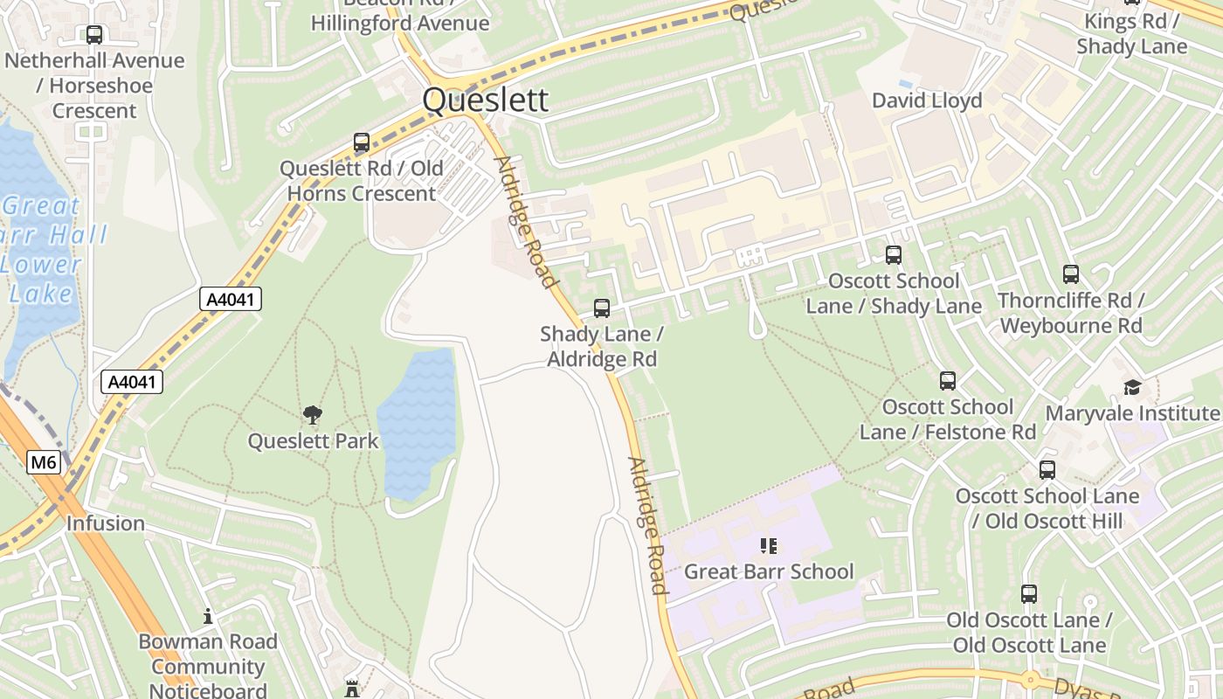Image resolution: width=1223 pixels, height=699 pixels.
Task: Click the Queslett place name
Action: point(485,100)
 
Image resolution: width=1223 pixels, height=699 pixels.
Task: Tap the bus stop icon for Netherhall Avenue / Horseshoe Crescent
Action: point(93,35)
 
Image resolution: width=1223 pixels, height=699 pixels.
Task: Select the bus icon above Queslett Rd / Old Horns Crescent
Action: point(361,142)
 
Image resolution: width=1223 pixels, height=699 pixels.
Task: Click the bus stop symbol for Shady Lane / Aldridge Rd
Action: point(601,308)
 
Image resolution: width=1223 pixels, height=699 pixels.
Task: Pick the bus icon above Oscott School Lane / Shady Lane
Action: point(893,255)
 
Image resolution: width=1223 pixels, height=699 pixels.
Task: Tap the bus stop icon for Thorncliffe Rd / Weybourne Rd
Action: point(1070,274)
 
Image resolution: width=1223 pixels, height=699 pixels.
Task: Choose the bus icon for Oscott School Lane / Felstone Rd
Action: point(947,381)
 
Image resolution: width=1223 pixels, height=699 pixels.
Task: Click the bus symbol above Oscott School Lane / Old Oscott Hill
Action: point(1047,470)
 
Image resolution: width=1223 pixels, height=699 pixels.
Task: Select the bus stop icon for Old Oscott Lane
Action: point(1028,594)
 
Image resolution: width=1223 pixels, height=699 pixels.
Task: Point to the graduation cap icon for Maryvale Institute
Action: point(1132,387)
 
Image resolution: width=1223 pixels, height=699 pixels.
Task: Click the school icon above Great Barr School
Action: point(768,546)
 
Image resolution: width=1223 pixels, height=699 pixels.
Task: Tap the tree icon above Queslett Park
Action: point(312,415)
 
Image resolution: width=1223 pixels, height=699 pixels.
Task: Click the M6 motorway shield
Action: point(44,462)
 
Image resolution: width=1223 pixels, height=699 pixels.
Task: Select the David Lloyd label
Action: point(927,100)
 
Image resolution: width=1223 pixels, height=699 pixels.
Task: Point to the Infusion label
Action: point(105,523)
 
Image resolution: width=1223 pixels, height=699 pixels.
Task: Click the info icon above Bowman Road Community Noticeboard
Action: point(207,616)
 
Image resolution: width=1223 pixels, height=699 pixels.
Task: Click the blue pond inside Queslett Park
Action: point(418,424)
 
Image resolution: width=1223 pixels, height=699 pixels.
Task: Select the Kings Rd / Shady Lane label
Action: point(1131,33)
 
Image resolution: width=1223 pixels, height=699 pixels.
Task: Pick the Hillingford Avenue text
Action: point(400,23)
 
